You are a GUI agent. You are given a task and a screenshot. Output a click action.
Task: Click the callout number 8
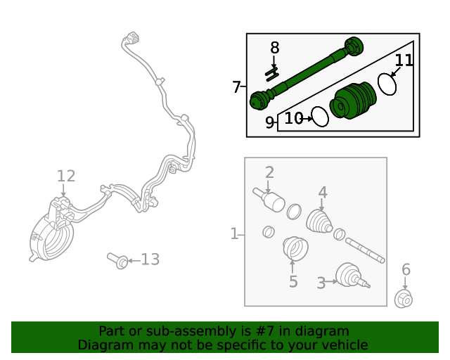coord(274,48)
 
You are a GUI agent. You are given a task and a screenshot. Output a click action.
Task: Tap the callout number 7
coord(237,87)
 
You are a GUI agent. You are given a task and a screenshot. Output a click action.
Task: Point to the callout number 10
coord(294,118)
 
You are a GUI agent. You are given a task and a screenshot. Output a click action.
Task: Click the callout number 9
coord(270,123)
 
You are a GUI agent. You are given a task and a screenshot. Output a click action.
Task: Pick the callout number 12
coord(65,176)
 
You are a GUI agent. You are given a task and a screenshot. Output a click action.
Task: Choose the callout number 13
coord(150,259)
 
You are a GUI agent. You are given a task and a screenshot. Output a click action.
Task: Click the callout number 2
coord(269,172)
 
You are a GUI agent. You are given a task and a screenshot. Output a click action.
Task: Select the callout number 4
coord(323,192)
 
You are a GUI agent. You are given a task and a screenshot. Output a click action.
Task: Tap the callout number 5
coord(293,282)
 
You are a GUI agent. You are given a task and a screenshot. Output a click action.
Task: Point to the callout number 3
coord(321,283)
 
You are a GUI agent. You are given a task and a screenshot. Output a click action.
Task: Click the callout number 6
coord(406,269)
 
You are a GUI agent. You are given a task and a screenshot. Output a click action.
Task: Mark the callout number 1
coord(234,233)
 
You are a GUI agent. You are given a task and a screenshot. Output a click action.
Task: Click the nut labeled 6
coord(404,299)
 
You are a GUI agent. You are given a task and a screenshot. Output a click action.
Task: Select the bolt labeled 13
coord(117,261)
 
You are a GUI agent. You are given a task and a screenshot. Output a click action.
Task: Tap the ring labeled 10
coord(320,117)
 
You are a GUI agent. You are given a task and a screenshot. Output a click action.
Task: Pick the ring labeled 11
coord(387,84)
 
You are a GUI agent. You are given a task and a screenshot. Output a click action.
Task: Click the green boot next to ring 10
coord(354,103)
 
